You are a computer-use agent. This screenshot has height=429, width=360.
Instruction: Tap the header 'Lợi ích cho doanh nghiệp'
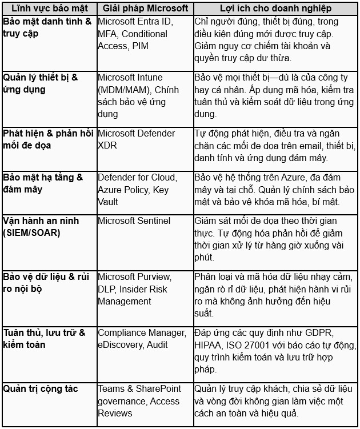click(x=275, y=9)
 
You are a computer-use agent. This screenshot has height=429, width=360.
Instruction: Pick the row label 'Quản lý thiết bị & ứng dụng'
click(x=40, y=83)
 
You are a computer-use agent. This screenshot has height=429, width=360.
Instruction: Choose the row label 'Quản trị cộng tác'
click(x=40, y=389)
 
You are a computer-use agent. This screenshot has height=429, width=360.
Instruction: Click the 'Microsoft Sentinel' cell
click(x=134, y=221)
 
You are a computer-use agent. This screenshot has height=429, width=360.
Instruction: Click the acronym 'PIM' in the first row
click(x=140, y=46)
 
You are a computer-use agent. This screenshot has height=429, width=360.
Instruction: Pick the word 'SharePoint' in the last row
click(x=158, y=389)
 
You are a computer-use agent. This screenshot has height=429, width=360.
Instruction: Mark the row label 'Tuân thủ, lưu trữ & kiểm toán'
click(x=43, y=339)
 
